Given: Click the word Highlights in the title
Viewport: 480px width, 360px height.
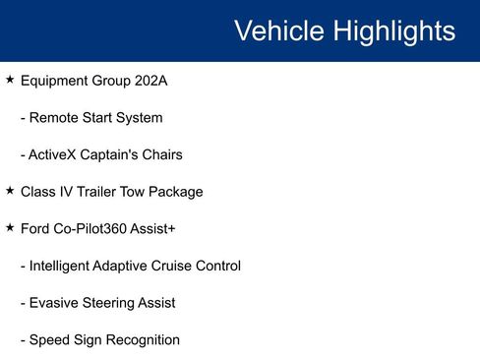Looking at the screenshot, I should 394,30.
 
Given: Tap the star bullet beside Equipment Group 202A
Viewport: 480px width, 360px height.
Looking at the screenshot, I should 10,79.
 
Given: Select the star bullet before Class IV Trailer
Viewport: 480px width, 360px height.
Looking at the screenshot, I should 10,190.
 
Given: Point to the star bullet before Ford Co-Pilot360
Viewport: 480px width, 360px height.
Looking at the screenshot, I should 10,227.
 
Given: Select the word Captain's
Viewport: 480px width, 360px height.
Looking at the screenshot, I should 115,154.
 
